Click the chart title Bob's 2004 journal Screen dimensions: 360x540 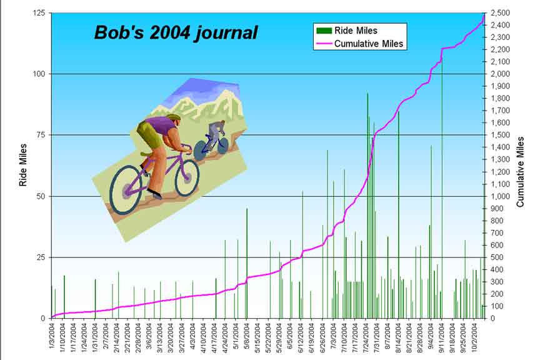pyautogui.click(x=176, y=32)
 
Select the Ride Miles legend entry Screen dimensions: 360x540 pyautogui.click(x=356, y=30)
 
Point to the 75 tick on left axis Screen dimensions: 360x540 pyautogui.click(x=40, y=135)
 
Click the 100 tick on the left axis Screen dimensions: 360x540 pyautogui.click(x=38, y=74)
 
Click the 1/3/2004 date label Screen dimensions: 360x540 pyautogui.click(x=52, y=337)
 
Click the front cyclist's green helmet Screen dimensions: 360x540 pyautogui.click(x=173, y=117)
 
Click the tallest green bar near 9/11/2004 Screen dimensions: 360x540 pyautogui.click(x=442, y=187)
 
